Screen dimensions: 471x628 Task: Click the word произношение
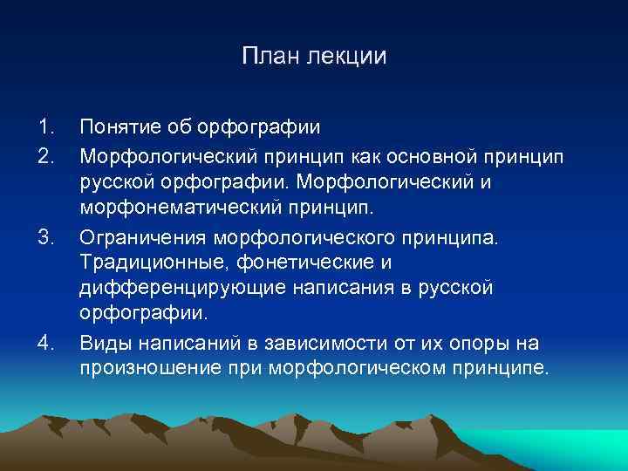click(x=148, y=367)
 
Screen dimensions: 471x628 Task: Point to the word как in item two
click(x=353, y=154)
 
